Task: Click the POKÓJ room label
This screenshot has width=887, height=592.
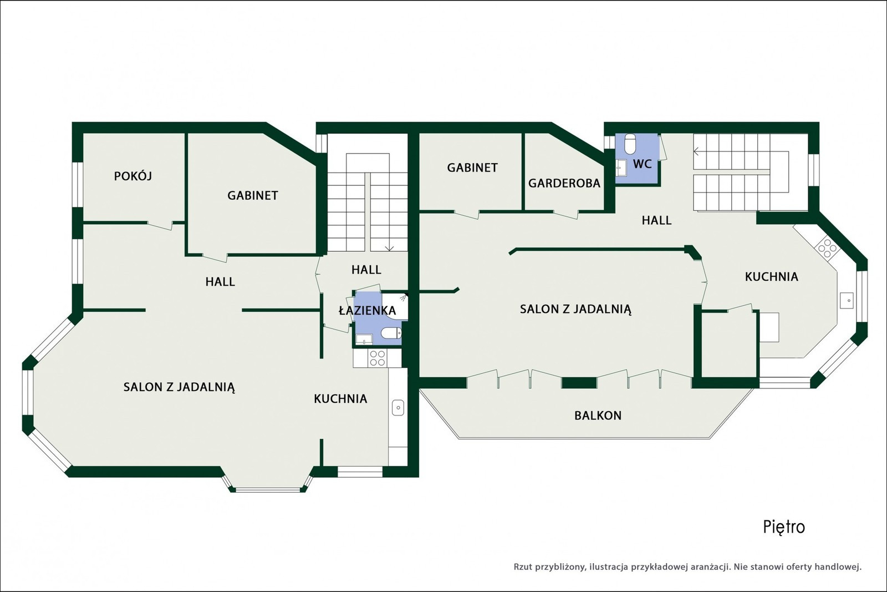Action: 132,176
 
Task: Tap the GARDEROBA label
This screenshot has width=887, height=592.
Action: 564,183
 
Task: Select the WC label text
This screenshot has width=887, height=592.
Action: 643,164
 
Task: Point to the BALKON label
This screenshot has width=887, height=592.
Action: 598,415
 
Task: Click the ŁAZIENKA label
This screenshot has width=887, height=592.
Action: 367,310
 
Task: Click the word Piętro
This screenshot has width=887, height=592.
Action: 784,528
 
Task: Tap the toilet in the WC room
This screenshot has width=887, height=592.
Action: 630,144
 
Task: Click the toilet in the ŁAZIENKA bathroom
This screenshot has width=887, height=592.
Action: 391,333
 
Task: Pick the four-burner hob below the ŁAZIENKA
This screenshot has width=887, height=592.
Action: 377,358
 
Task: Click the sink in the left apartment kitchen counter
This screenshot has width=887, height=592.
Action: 397,407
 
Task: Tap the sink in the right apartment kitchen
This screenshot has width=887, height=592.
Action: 847,300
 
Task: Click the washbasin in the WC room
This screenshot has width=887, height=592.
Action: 621,168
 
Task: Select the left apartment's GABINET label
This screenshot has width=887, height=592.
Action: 253,195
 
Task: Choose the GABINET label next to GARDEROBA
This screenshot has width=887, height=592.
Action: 472,168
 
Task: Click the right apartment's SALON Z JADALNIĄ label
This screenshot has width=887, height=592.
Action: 575,309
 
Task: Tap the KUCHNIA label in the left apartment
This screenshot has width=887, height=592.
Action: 340,398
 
